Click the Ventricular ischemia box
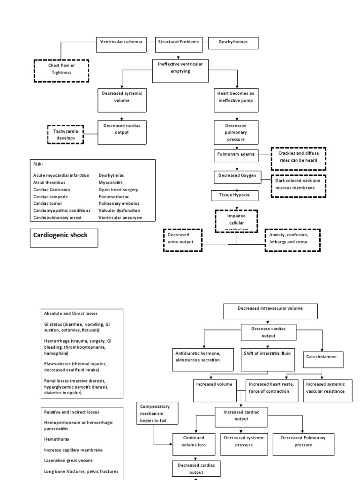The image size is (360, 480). click(121, 42)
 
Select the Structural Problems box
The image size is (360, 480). click(179, 42)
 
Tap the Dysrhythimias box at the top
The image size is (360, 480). click(233, 42)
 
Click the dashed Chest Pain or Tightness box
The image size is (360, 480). click(61, 70)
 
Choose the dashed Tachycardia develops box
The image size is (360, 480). click(66, 135)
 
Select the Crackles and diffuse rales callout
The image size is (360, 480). click(298, 157)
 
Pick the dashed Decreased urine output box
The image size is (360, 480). click(183, 240)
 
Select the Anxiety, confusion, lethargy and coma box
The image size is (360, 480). click(292, 240)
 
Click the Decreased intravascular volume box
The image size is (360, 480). click(270, 309)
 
